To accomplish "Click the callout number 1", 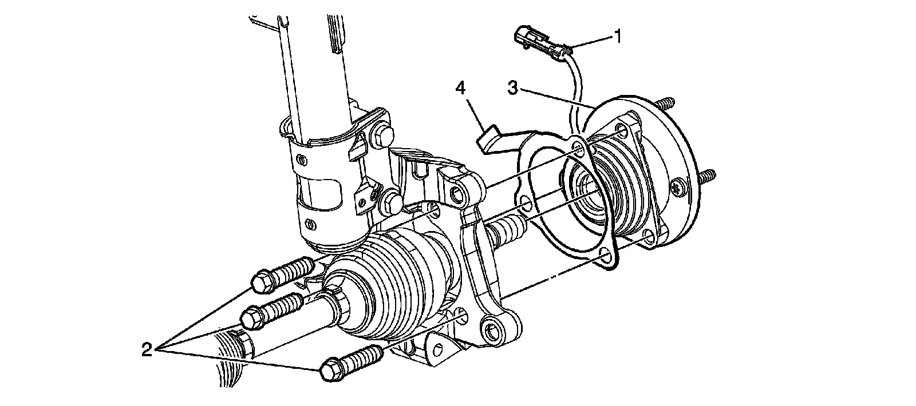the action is [x=617, y=37].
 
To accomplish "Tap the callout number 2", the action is [x=147, y=348].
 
